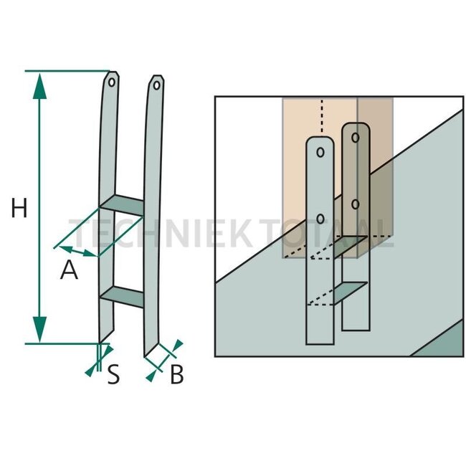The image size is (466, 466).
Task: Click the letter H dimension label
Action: (19, 209)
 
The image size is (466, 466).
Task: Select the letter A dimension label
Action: (69, 270)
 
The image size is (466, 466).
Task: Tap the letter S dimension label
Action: (113, 374)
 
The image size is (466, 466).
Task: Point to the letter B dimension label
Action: (176, 374)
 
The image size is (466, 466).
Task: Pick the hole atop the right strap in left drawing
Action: (157, 85)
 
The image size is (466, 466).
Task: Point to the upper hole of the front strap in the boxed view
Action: (320, 153)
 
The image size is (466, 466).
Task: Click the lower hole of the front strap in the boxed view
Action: (320, 217)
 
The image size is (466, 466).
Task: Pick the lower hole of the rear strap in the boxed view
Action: (355, 204)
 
